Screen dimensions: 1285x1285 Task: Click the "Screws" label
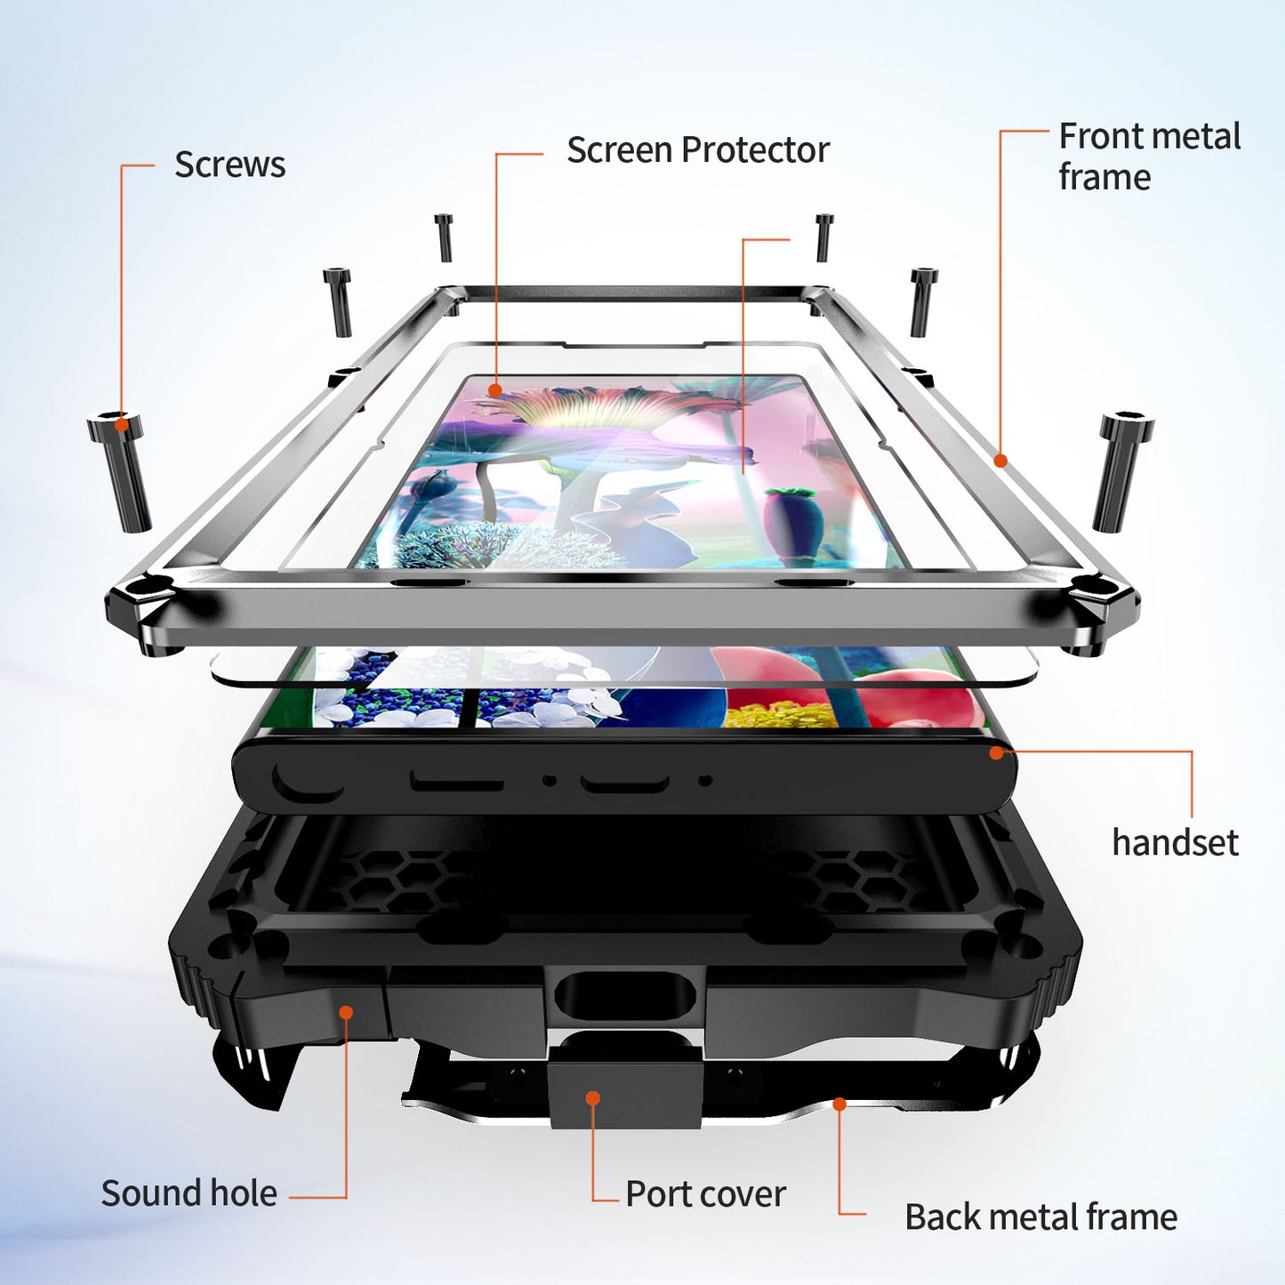coord(229,165)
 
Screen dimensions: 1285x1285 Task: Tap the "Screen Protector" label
coord(697,150)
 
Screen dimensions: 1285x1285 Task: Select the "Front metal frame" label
coord(1149,157)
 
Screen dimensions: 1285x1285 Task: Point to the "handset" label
coord(1175,842)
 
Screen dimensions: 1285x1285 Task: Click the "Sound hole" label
coord(189,1193)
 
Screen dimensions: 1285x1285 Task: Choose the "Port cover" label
coord(705,1194)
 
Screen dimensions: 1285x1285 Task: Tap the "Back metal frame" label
coord(1040,1217)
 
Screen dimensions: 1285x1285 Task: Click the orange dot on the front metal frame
coord(1000,461)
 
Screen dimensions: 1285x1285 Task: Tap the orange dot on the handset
coord(996,753)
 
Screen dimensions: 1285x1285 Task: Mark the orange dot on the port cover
coord(592,1098)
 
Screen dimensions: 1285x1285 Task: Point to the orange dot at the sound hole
coord(346,1013)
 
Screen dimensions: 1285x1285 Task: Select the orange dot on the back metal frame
coord(839,1104)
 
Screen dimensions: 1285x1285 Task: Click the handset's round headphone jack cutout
coord(305,778)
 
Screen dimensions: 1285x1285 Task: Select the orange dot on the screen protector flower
coord(495,390)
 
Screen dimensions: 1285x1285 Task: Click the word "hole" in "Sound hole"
coord(244,1193)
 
